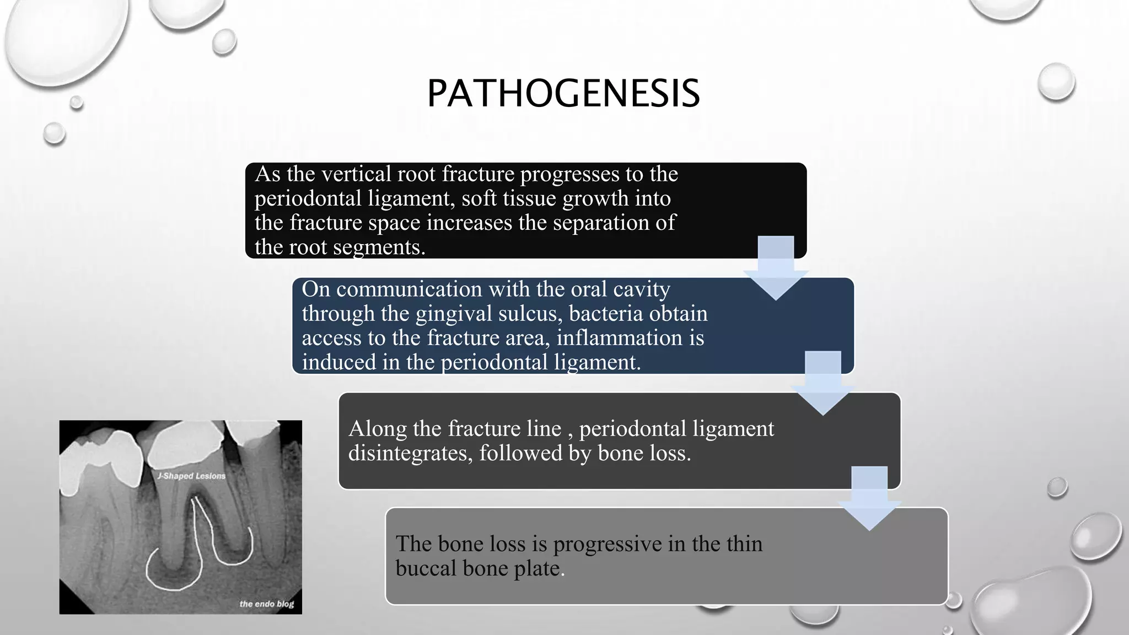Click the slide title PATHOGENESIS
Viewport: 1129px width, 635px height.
tap(563, 93)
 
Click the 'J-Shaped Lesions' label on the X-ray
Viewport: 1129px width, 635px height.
tap(191, 476)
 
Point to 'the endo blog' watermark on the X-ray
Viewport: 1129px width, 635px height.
tap(267, 604)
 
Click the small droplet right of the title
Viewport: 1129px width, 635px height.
tap(1056, 82)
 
